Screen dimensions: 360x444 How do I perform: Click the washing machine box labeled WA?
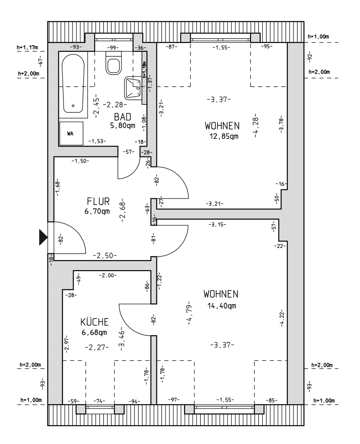(x=71, y=134)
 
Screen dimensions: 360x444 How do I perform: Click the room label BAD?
(x=122, y=117)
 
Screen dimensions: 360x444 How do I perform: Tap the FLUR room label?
(x=98, y=202)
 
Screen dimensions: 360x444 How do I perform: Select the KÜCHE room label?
(x=94, y=322)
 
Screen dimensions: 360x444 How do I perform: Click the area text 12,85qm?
(x=224, y=136)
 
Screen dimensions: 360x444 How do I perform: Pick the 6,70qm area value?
(x=97, y=212)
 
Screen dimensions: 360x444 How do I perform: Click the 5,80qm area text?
(x=123, y=125)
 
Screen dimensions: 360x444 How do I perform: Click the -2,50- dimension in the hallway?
(x=105, y=256)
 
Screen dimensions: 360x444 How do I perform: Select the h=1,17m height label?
(x=28, y=47)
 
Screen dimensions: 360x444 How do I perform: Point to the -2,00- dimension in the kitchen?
(x=108, y=275)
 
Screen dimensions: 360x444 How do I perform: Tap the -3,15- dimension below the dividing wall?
(x=217, y=224)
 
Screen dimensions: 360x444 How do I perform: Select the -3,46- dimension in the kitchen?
(x=121, y=339)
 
